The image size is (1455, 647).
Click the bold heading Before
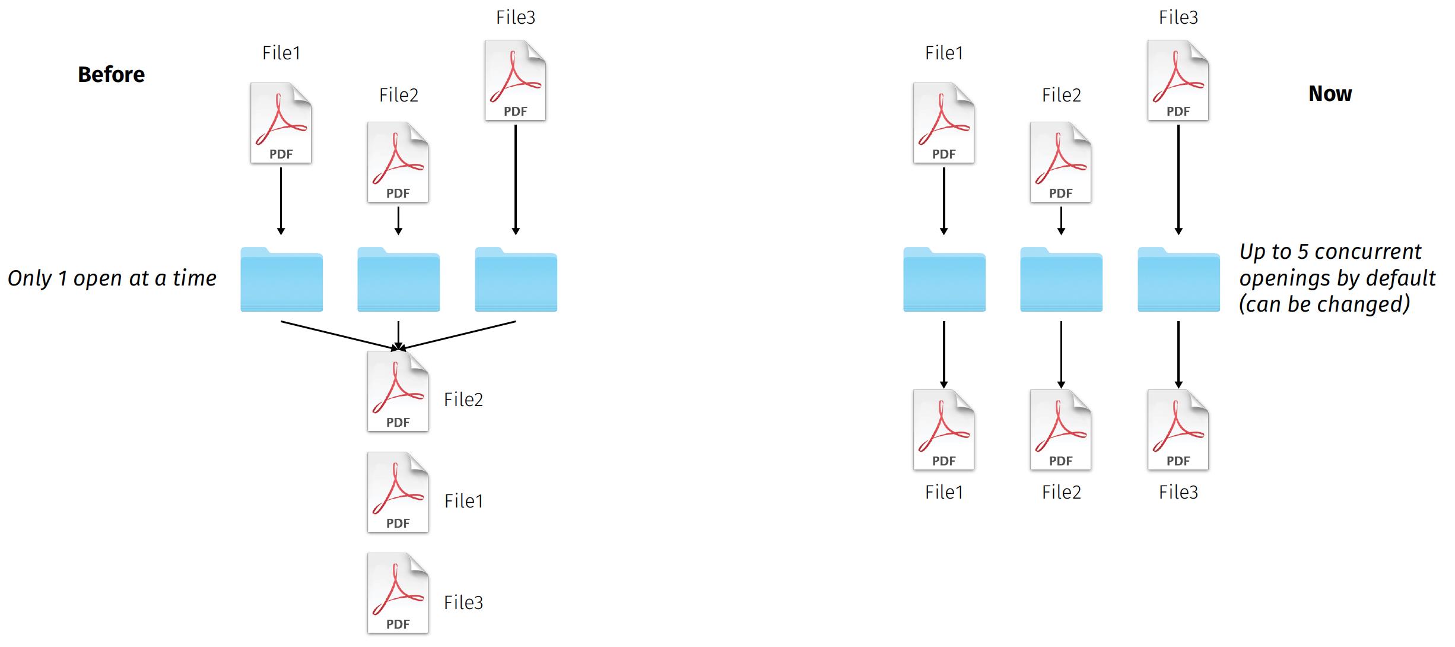click(x=111, y=75)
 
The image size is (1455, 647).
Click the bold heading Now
click(x=1330, y=94)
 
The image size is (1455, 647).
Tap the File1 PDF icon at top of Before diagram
click(x=281, y=123)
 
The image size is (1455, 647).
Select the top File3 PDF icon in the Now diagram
click(x=1178, y=80)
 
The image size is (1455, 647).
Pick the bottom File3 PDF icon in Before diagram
click(x=398, y=593)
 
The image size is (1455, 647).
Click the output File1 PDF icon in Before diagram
click(x=398, y=492)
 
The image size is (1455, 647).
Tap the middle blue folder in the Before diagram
click(x=398, y=280)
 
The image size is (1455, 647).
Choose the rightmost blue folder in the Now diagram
click(x=1178, y=280)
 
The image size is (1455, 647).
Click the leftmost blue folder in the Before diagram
click(x=281, y=280)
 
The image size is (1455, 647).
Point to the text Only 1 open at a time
click(x=112, y=278)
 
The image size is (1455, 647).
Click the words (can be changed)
click(x=1324, y=305)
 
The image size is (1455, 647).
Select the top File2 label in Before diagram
click(x=399, y=95)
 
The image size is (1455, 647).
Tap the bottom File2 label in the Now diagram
click(x=1061, y=492)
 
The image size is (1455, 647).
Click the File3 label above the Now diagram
click(x=1178, y=18)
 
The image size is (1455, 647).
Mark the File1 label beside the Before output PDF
click(x=463, y=501)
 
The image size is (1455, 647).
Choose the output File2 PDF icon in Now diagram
click(x=1060, y=430)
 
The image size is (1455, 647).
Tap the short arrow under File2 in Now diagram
click(x=1061, y=220)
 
